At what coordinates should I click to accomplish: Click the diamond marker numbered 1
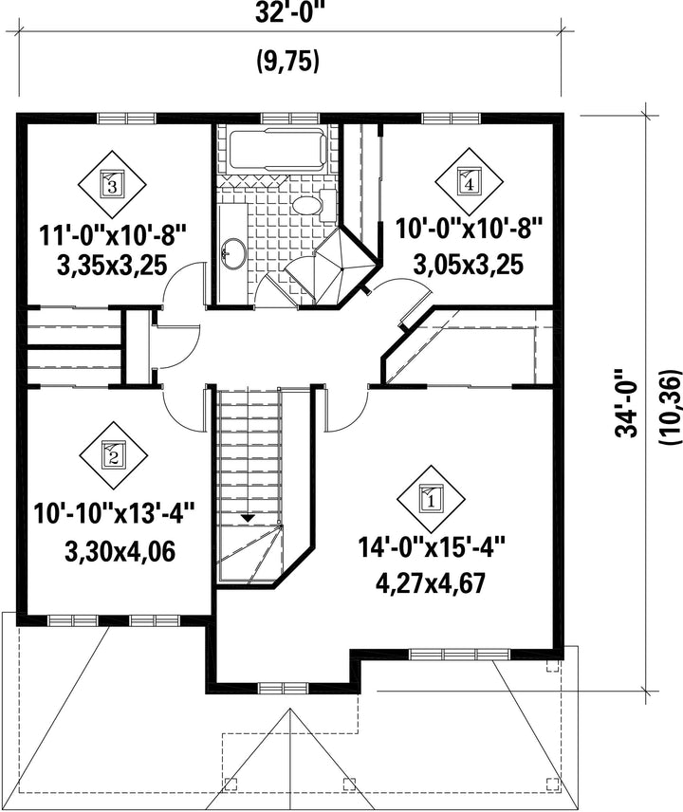[431, 499]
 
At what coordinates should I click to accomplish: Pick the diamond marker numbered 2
[113, 455]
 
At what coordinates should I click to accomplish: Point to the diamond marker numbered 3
[112, 184]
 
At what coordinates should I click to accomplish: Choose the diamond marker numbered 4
[470, 182]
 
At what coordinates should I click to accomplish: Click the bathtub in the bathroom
[278, 149]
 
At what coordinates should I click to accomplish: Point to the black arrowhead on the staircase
[248, 517]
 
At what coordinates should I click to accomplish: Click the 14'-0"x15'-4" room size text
[431, 547]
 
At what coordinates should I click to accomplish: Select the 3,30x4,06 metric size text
[120, 551]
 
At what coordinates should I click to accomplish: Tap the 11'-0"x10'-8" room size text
[112, 236]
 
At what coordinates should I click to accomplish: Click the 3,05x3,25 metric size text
[469, 264]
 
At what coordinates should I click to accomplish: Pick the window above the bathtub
[290, 119]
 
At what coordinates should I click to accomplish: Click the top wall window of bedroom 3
[127, 119]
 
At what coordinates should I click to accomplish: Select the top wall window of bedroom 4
[452, 119]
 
